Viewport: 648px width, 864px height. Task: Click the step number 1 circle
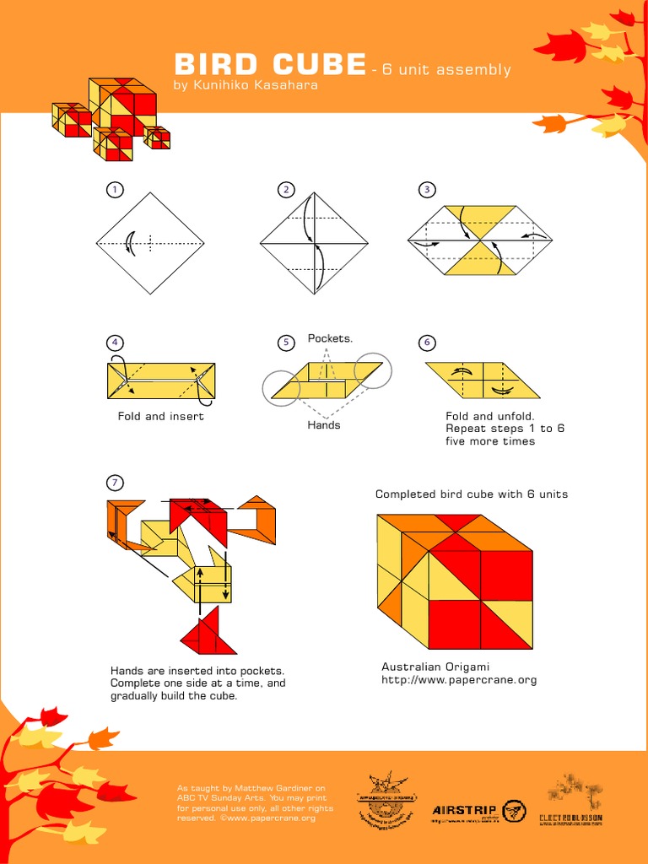(114, 190)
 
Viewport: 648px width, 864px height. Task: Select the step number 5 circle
(286, 342)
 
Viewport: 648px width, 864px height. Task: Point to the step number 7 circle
(114, 483)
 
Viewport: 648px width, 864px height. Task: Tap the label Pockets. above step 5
(330, 338)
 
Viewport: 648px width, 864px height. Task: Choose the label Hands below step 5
(324, 425)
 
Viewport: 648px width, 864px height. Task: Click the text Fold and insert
(161, 416)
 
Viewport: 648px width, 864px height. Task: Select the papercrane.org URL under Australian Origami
(459, 679)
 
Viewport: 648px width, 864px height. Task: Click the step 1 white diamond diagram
(150, 243)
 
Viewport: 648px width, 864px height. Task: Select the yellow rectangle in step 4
(161, 381)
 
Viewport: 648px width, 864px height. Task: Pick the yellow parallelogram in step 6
(483, 381)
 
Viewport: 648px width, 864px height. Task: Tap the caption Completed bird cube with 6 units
(472, 494)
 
